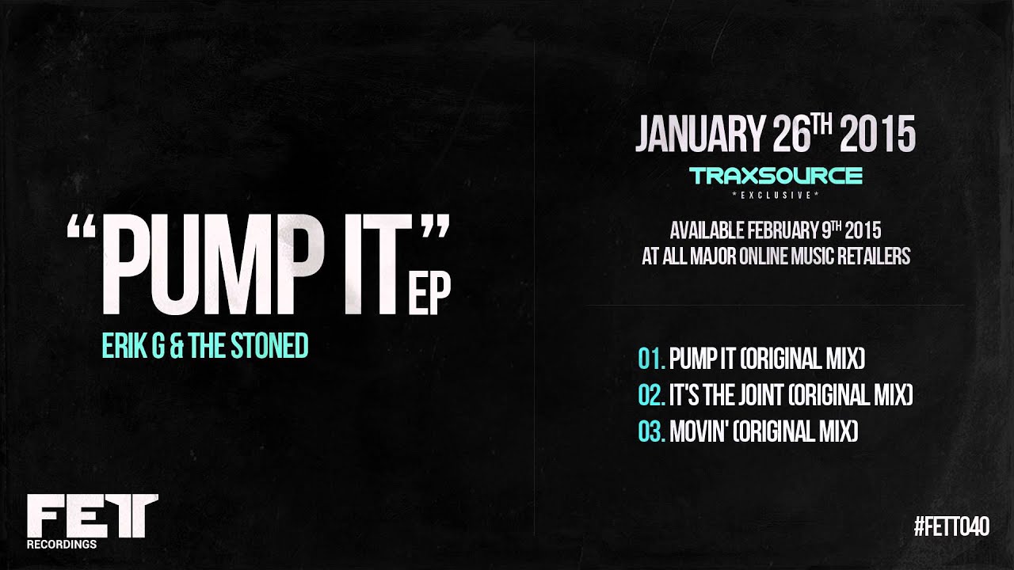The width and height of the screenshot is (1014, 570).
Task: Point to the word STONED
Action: click(269, 347)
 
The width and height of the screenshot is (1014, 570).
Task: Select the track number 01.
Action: click(650, 359)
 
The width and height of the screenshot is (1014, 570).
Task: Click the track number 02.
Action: click(650, 395)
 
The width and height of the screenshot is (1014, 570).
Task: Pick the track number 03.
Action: click(650, 432)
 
